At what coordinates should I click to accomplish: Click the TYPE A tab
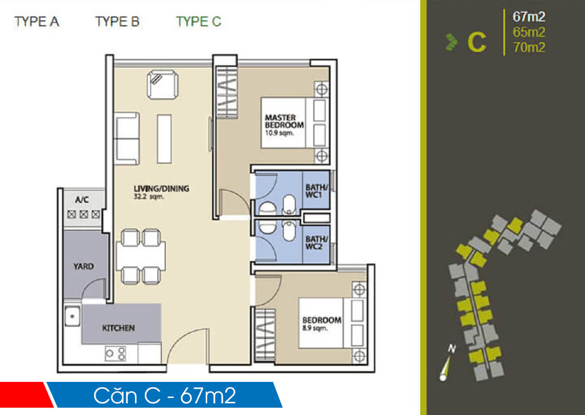[37, 22]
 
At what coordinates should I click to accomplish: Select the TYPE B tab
[117, 22]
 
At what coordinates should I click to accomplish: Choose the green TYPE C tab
[198, 22]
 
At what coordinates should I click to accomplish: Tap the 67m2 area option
[528, 17]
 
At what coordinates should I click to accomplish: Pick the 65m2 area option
[528, 32]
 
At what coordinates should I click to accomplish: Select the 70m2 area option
[528, 48]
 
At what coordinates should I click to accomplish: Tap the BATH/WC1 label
[316, 191]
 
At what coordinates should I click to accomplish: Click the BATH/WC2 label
[316, 243]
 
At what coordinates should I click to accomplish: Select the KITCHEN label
[118, 328]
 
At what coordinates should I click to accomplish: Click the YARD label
[83, 266]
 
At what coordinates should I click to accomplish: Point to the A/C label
[81, 200]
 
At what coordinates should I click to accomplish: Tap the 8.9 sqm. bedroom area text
[314, 328]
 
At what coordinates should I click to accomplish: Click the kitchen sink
[72, 317]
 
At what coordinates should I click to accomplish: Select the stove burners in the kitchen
[116, 353]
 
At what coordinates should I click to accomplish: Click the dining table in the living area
[140, 256]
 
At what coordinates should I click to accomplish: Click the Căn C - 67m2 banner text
[165, 396]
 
